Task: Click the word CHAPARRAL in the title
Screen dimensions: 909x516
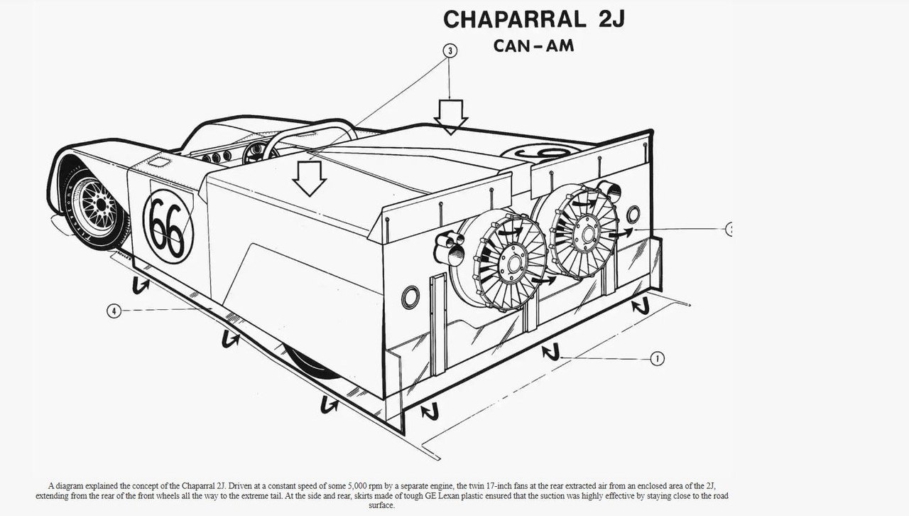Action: pyautogui.click(x=515, y=19)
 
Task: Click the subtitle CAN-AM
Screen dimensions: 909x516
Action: pyautogui.click(x=533, y=46)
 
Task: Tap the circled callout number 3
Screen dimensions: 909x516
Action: pyautogui.click(x=450, y=50)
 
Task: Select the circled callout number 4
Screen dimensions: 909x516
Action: pyautogui.click(x=114, y=311)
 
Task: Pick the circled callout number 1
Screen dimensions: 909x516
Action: pyautogui.click(x=658, y=359)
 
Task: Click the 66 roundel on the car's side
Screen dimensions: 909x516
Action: pyautogui.click(x=168, y=227)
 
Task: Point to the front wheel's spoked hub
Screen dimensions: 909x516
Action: pyautogui.click(x=99, y=205)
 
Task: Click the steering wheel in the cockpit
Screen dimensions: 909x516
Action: pyautogui.click(x=260, y=151)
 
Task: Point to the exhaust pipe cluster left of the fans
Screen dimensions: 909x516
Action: pyautogui.click(x=449, y=248)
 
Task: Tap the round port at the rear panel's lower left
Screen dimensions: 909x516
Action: pyautogui.click(x=410, y=297)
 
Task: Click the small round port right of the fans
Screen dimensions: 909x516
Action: pyautogui.click(x=633, y=213)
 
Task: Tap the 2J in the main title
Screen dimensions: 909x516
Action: pyautogui.click(x=611, y=19)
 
